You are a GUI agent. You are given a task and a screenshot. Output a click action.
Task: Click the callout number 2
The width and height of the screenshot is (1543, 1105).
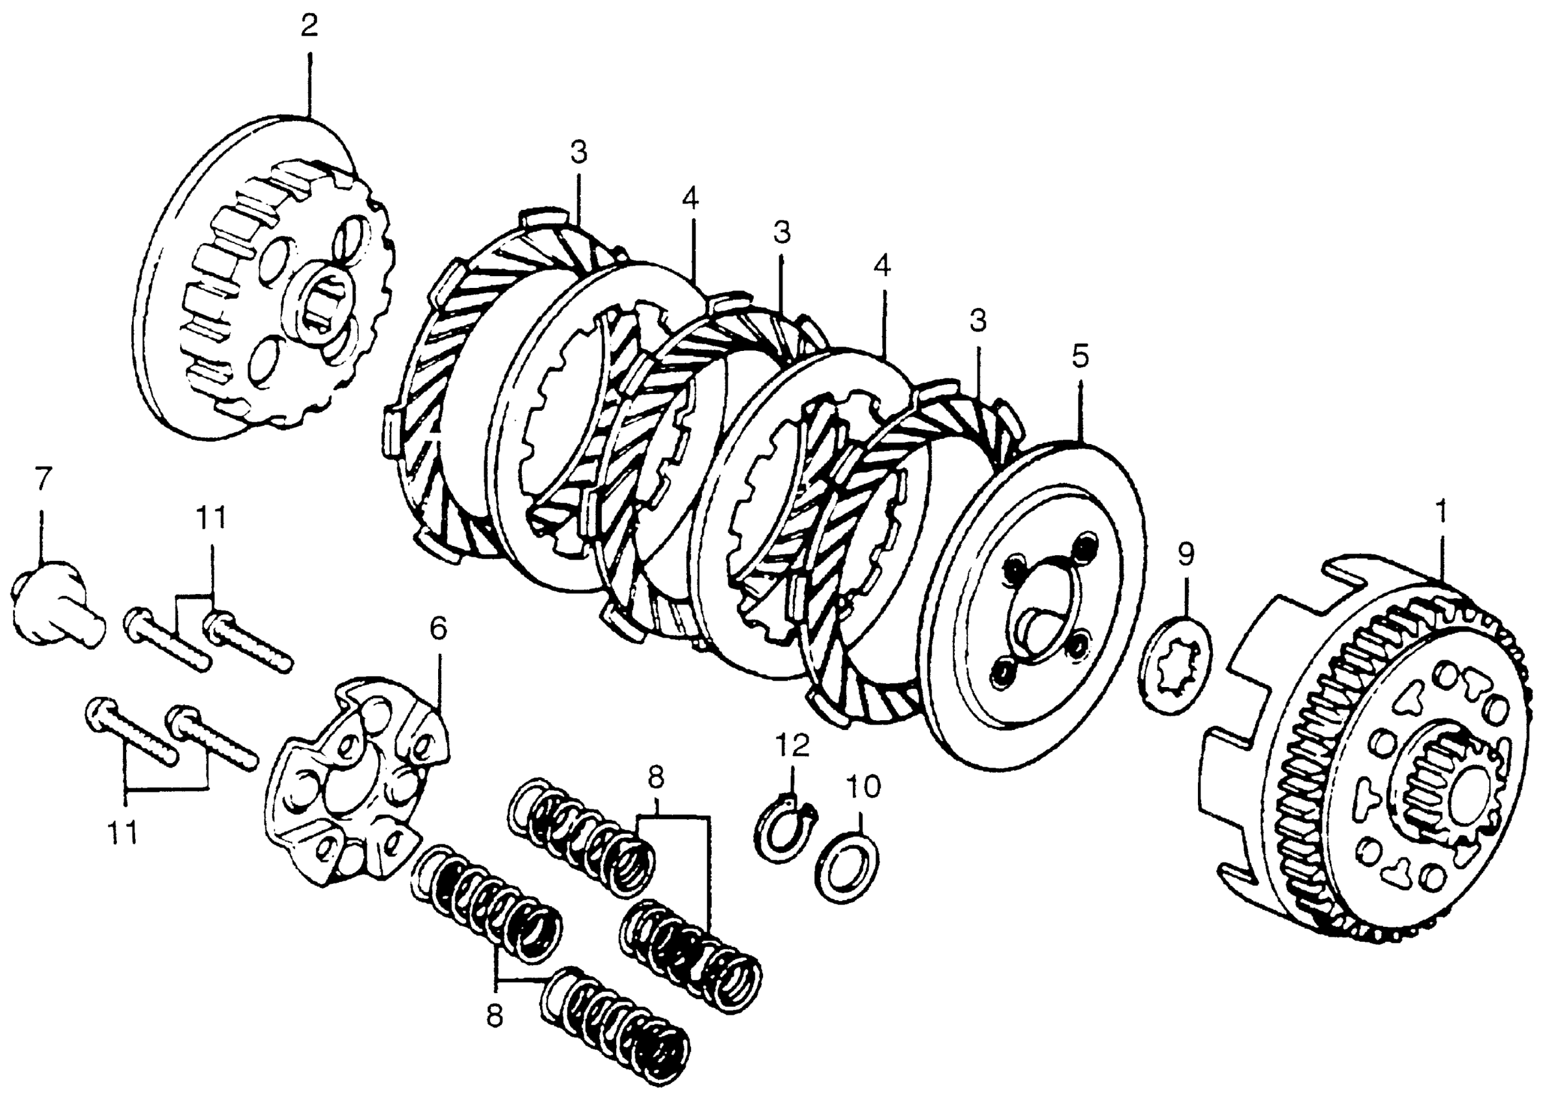(x=309, y=27)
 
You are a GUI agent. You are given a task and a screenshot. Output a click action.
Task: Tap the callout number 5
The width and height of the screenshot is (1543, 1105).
(x=1080, y=355)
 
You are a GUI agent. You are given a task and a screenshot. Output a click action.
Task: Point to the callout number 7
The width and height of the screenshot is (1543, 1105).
(x=42, y=480)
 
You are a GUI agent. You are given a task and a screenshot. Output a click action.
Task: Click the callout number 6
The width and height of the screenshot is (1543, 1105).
(x=438, y=629)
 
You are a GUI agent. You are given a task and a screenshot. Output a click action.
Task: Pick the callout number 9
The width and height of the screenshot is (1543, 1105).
(x=1185, y=554)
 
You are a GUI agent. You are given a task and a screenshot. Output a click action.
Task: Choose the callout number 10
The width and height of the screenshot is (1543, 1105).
(x=863, y=786)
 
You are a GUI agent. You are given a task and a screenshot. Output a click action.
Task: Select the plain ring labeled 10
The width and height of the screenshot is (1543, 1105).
(x=847, y=866)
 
